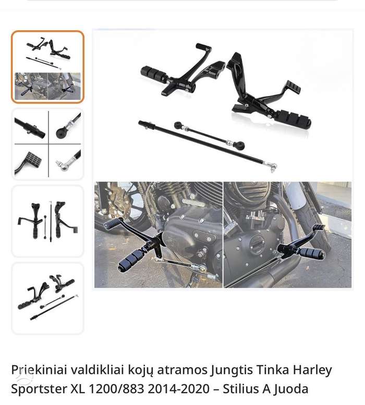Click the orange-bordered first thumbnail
[48, 67]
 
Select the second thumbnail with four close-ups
[48, 144]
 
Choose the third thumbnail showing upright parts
[48, 221]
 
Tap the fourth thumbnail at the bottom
[48, 298]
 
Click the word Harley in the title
[312, 371]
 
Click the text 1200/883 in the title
[116, 388]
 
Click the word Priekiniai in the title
[39, 370]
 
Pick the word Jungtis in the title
[231, 371]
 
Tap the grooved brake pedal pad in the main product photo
[293, 87]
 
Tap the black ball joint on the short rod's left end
[178, 125]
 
